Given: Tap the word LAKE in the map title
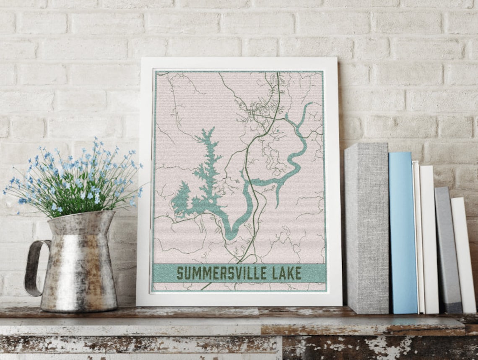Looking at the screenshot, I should click(287, 273).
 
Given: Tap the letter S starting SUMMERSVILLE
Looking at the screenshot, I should click(180, 273).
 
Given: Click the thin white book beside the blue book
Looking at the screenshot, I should click(417, 237).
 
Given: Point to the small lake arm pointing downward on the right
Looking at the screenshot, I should click(278, 197).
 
